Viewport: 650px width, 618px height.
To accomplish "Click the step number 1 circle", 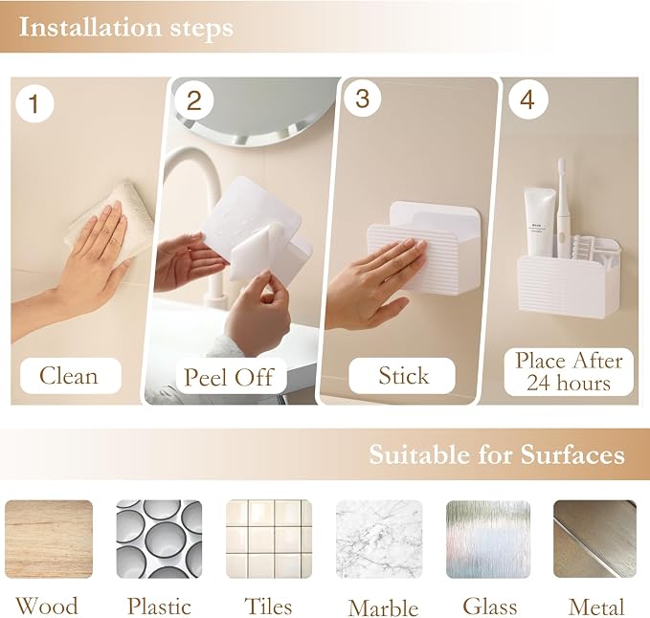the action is tap(34, 102).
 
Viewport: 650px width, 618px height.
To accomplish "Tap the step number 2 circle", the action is tap(193, 99).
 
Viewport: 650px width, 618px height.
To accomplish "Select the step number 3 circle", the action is tap(362, 99).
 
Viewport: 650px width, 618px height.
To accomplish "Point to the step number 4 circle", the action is tap(527, 99).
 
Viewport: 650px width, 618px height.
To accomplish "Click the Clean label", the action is tap(71, 376).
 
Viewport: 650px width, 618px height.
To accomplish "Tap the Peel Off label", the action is tap(230, 377).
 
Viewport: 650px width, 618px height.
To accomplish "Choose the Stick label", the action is tap(402, 376).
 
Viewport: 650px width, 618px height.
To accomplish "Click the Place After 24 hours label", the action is tap(569, 371).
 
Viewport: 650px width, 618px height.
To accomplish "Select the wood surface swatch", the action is tap(49, 539).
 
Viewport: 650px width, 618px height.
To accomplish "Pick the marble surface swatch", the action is tap(379, 539).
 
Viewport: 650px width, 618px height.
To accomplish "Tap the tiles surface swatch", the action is tap(269, 539).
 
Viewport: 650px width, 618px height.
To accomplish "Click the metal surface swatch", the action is tap(594, 539).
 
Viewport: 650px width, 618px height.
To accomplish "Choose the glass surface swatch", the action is tap(488, 539).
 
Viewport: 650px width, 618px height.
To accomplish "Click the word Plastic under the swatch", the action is tap(159, 607).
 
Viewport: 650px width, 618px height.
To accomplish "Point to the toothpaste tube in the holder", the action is tap(539, 221).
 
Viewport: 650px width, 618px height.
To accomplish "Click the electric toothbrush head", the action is tap(561, 171).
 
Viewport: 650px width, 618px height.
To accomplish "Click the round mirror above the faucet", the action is tap(256, 111).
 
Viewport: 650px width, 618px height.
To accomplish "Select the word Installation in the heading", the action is tap(90, 28).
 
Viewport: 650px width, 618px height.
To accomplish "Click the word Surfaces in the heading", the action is tap(572, 454).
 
